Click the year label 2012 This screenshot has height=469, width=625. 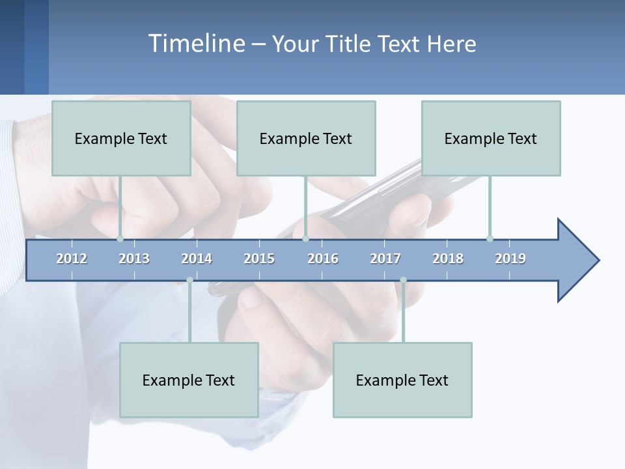[x=72, y=259]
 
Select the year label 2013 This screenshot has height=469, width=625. [x=134, y=259]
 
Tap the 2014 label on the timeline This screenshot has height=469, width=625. [x=197, y=259]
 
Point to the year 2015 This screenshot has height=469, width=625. [x=259, y=259]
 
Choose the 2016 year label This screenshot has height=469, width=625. [x=323, y=259]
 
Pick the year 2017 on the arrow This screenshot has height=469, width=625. [x=385, y=259]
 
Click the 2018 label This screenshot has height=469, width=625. [x=448, y=259]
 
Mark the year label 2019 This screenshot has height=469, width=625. [x=510, y=259]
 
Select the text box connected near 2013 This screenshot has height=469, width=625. [x=121, y=138]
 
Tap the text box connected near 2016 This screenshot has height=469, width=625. [x=306, y=138]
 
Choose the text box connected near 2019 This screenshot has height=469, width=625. [x=491, y=138]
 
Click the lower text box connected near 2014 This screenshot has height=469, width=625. [x=189, y=380]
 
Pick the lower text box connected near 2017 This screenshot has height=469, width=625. [x=402, y=380]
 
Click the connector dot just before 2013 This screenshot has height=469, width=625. [x=120, y=238]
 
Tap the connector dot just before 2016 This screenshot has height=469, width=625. [x=305, y=238]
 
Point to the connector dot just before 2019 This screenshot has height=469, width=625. [x=490, y=238]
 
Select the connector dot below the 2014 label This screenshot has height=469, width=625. [x=189, y=280]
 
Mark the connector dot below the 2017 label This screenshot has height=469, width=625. [x=403, y=280]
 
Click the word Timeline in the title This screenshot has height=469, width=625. [x=196, y=44]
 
